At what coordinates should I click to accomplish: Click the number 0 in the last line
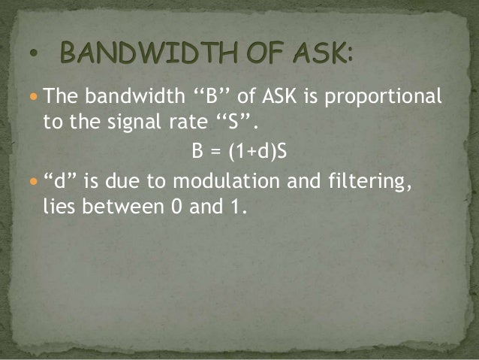[x=191, y=206]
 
